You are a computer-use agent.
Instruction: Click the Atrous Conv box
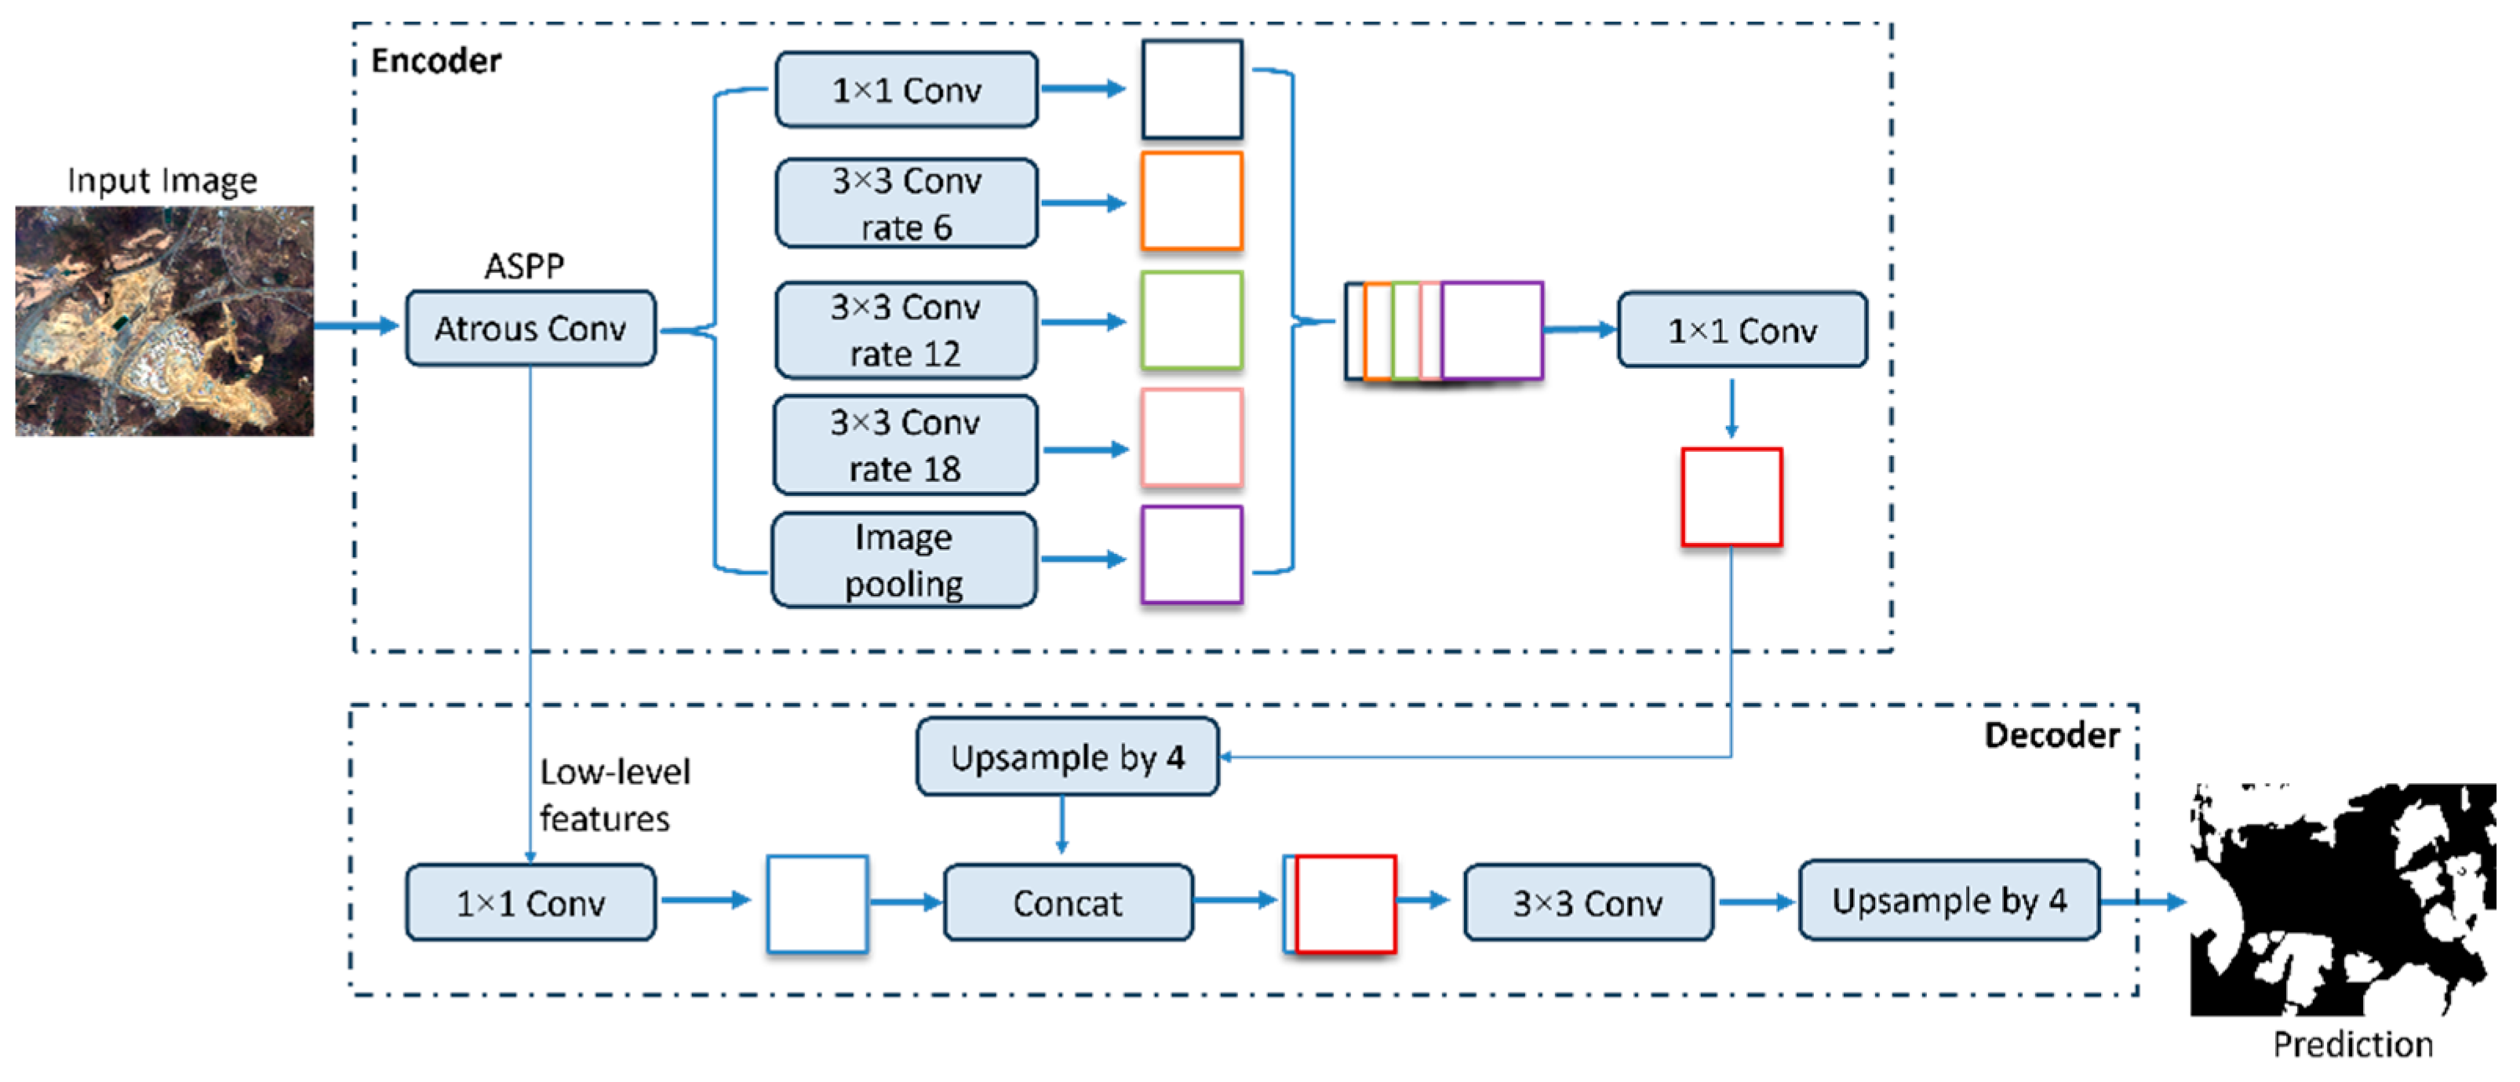pyautogui.click(x=530, y=329)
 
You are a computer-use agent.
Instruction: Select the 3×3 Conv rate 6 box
pyautogui.click(x=906, y=203)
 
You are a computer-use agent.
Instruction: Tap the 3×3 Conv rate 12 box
pyautogui.click(x=906, y=330)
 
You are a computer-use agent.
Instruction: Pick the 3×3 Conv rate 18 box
pyautogui.click(x=906, y=445)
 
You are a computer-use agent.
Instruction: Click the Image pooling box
pyautogui.click(x=904, y=559)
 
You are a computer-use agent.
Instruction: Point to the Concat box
pyautogui.click(x=1067, y=902)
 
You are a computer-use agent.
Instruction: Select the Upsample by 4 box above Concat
pyautogui.click(x=1067, y=757)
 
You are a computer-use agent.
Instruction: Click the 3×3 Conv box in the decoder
pyautogui.click(x=1588, y=902)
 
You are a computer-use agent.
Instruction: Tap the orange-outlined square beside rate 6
pyautogui.click(x=1192, y=201)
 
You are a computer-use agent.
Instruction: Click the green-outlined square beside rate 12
pyautogui.click(x=1192, y=321)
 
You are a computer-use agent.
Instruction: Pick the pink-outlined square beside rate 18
pyautogui.click(x=1192, y=437)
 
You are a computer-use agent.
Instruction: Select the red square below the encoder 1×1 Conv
pyautogui.click(x=1732, y=497)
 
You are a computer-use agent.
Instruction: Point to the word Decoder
pyautogui.click(x=2052, y=734)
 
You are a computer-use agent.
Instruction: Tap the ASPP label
pyautogui.click(x=524, y=265)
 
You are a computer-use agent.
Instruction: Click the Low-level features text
pyautogui.click(x=614, y=794)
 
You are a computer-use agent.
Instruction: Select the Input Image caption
pyautogui.click(x=162, y=181)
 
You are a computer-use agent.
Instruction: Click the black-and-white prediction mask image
pyautogui.click(x=2342, y=900)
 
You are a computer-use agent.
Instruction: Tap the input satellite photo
pyautogui.click(x=164, y=321)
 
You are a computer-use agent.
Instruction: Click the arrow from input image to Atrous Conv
pyautogui.click(x=357, y=325)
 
